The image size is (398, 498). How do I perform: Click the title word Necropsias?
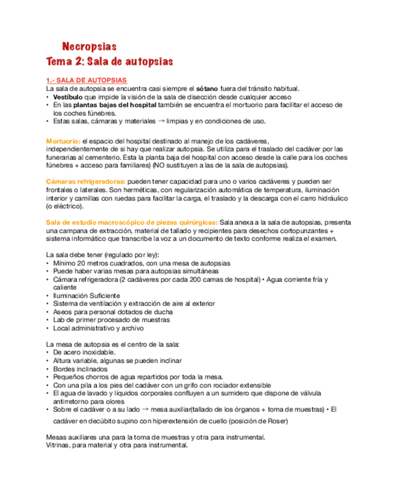click(89, 46)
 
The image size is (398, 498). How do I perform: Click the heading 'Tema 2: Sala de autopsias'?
click(109, 62)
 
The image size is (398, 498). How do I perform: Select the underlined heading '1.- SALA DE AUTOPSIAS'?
click(86, 80)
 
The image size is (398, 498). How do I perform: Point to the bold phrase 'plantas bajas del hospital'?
click(117, 105)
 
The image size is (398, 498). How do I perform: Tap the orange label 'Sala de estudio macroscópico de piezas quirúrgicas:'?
click(132, 223)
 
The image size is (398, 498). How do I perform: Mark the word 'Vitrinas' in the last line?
click(59, 446)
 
